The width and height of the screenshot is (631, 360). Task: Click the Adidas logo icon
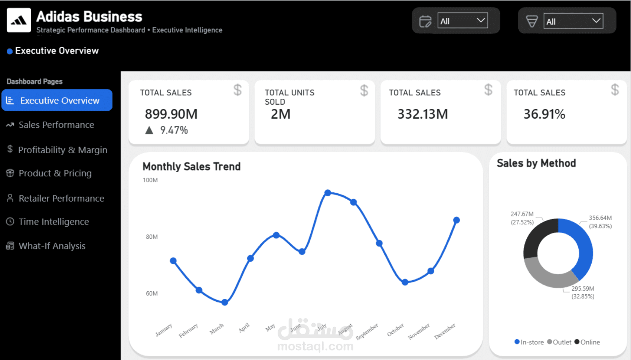(19, 20)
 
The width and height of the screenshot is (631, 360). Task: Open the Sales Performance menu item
(56, 125)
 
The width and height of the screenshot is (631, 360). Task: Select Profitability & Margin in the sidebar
(62, 150)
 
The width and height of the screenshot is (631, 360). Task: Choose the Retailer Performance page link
(61, 199)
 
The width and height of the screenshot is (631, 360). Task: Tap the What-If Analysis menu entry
(52, 246)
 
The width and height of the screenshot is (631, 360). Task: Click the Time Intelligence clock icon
(10, 222)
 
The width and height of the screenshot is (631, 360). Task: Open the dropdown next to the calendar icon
(462, 21)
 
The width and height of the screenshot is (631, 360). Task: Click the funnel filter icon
(532, 21)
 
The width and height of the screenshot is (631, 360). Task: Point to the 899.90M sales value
(171, 114)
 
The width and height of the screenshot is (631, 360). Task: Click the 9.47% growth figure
(174, 130)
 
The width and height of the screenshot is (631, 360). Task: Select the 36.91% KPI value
(544, 114)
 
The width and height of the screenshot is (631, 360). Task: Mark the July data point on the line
(328, 193)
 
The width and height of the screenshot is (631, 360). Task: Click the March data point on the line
(225, 302)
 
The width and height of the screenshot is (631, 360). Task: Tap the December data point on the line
(457, 220)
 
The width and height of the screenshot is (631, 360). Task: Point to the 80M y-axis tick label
(151, 237)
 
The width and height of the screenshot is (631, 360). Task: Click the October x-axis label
(395, 330)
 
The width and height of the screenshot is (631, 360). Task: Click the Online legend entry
(587, 342)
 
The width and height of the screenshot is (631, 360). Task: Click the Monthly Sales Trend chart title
(192, 167)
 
